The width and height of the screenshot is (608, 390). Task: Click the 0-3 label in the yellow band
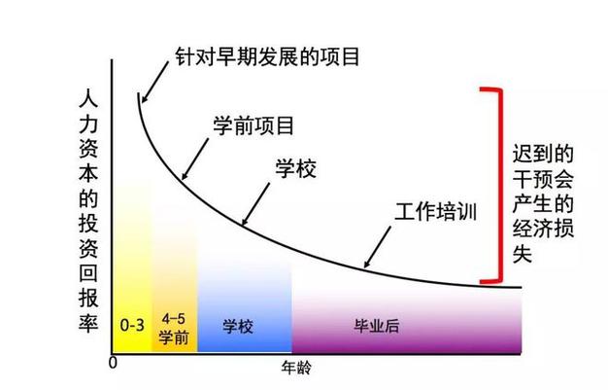click(132, 326)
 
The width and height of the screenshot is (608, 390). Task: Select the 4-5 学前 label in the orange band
click(175, 327)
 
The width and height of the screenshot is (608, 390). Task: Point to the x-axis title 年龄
click(296, 369)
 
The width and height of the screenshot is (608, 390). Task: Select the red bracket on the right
click(499, 185)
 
